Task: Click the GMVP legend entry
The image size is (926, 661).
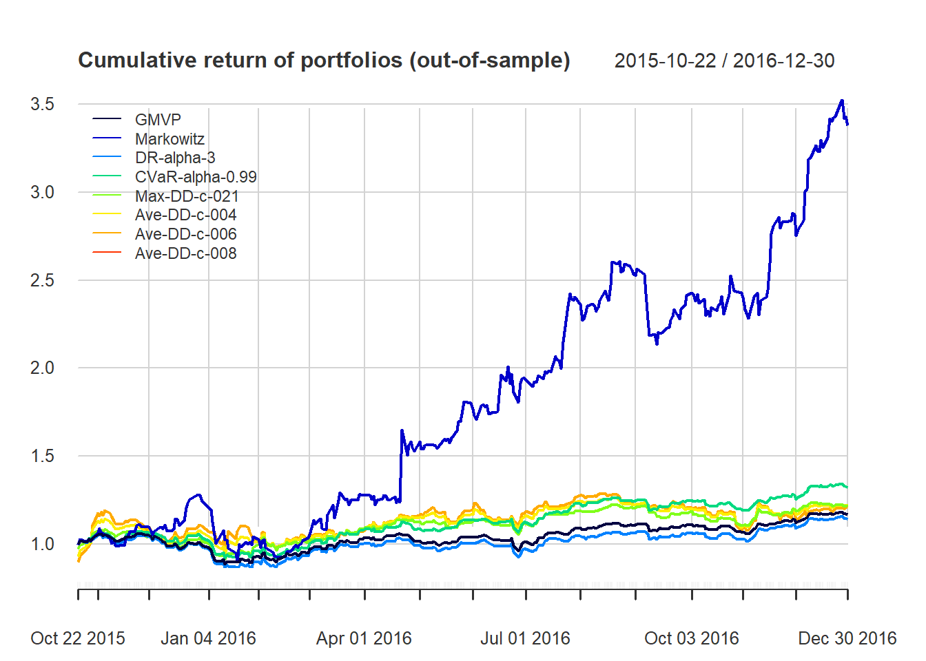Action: pyautogui.click(x=158, y=120)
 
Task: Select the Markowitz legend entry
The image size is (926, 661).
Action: pyautogui.click(x=169, y=139)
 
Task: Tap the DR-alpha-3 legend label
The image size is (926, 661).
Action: pyautogui.click(x=175, y=158)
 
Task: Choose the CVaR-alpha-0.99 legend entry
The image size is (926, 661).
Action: pyautogui.click(x=196, y=177)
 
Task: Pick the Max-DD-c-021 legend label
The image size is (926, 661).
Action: pyautogui.click(x=187, y=196)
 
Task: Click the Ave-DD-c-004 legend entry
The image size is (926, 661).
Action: pyautogui.click(x=185, y=215)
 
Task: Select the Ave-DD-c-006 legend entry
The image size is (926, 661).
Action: pyautogui.click(x=185, y=234)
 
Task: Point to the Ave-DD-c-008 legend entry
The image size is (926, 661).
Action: pyautogui.click(x=185, y=253)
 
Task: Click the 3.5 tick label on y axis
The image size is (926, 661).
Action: pyautogui.click(x=42, y=104)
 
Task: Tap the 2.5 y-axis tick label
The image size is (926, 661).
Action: pyautogui.click(x=42, y=280)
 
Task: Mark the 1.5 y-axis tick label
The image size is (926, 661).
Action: pyautogui.click(x=42, y=456)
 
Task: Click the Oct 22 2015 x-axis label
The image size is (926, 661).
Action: pyautogui.click(x=78, y=638)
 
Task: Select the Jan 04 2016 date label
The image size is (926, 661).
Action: pyautogui.click(x=208, y=638)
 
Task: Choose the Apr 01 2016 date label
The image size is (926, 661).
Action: pyautogui.click(x=364, y=638)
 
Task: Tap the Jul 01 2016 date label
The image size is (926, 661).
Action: pyautogui.click(x=525, y=638)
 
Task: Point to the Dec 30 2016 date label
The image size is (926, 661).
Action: pyautogui.click(x=847, y=638)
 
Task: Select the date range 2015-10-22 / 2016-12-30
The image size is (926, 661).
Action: pyautogui.click(x=724, y=61)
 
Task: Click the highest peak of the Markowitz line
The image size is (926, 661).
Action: pyautogui.click(x=841, y=101)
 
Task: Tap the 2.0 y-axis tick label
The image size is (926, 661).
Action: pyautogui.click(x=42, y=368)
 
